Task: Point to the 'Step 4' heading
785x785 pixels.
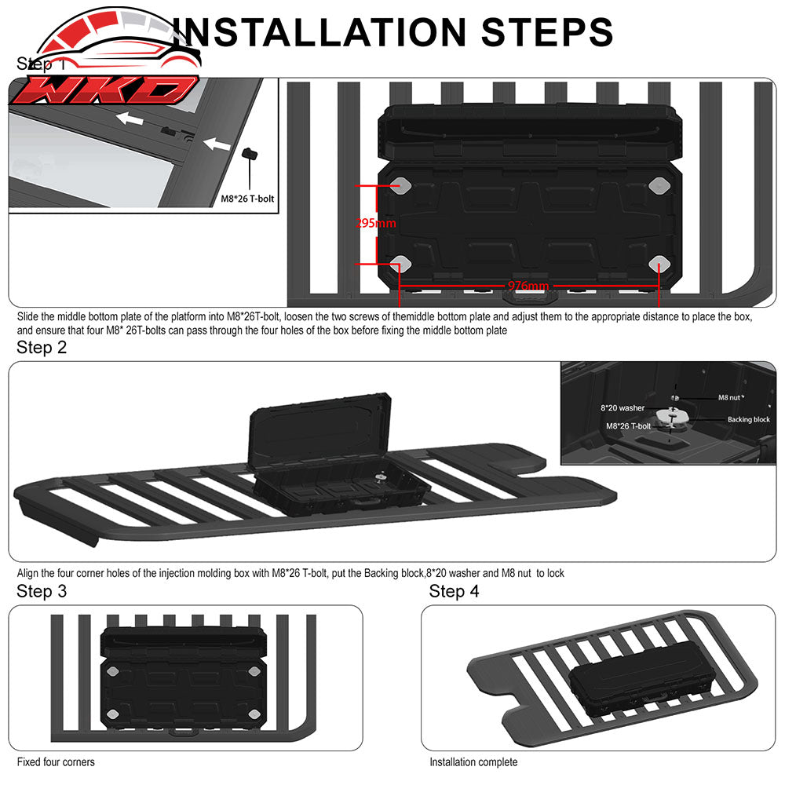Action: coord(454,591)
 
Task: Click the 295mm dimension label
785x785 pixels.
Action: coord(376,224)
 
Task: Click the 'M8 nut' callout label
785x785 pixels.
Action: coord(729,397)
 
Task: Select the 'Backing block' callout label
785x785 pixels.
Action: coord(748,420)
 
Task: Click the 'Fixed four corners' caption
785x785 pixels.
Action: coord(56,761)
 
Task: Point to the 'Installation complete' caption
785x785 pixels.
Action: coord(473,761)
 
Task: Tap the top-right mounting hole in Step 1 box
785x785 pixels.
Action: coord(658,185)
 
